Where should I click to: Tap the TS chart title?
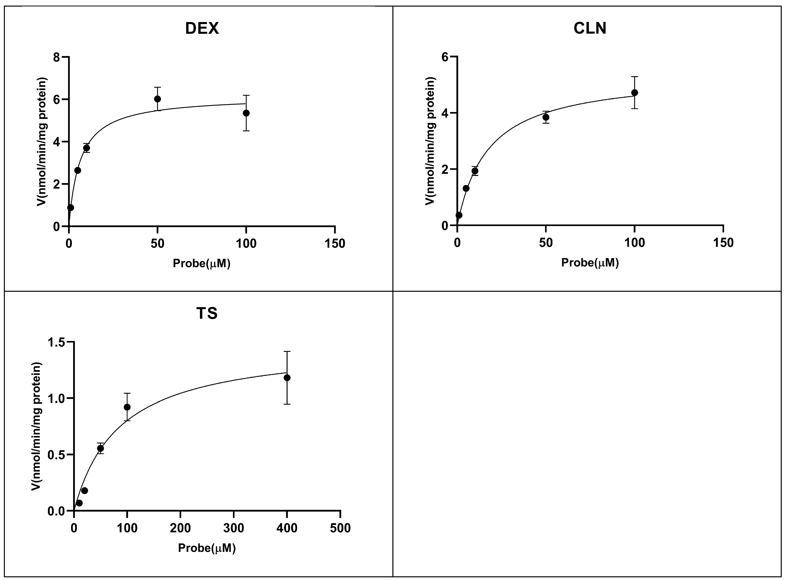[207, 313]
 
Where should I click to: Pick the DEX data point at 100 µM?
[246, 113]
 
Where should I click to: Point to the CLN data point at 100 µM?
[634, 93]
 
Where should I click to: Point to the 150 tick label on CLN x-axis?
[723, 243]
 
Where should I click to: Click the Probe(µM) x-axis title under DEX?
[202, 263]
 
